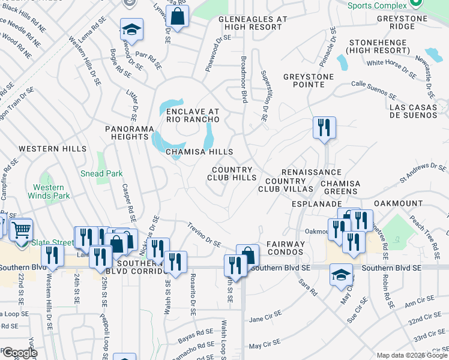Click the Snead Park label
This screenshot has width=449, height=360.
pyautogui.click(x=101, y=173)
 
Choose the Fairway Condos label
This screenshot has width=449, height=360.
pyautogui.click(x=286, y=248)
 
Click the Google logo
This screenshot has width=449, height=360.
pyautogui.click(x=19, y=353)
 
